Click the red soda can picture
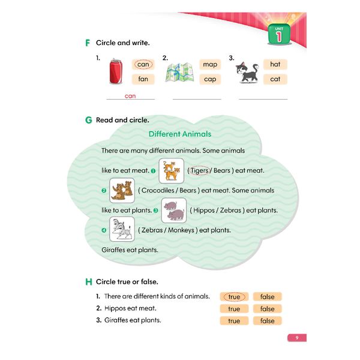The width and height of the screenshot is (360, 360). pyautogui.click(x=116, y=71)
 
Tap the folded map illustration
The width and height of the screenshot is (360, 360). pyautogui.click(x=180, y=73)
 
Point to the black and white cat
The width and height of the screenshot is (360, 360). pyautogui.click(x=247, y=73)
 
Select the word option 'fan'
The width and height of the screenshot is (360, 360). pyautogui.click(x=143, y=79)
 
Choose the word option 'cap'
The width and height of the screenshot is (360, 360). pyautogui.click(x=210, y=79)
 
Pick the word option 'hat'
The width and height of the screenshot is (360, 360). pyautogui.click(x=275, y=64)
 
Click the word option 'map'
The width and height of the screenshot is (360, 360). pyautogui.click(x=210, y=65)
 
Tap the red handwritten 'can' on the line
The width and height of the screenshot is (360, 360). pyautogui.click(x=130, y=96)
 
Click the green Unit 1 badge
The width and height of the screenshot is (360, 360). pyautogui.click(x=279, y=34)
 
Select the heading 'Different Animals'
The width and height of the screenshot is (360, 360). pyautogui.click(x=180, y=134)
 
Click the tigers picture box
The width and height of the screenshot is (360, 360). pyautogui.click(x=172, y=170)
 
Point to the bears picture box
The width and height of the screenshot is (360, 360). pyautogui.click(x=122, y=190)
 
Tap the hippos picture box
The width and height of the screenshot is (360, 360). pyautogui.click(x=174, y=211)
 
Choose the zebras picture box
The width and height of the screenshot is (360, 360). pyautogui.click(x=122, y=229)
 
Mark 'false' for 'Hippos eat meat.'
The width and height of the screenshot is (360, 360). pyautogui.click(x=267, y=309)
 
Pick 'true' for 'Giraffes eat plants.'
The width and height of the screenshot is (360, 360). pyautogui.click(x=234, y=321)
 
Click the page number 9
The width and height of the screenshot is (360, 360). pyautogui.click(x=297, y=338)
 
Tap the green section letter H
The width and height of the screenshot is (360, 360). pyautogui.click(x=89, y=282)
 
